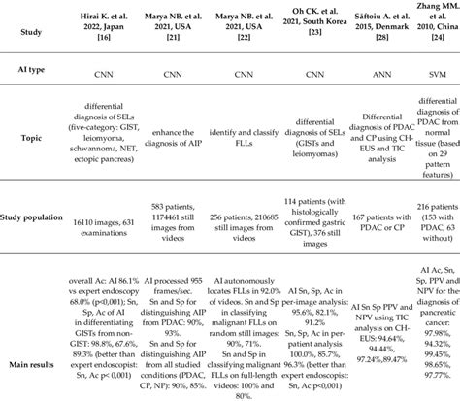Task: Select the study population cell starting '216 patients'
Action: [x=439, y=250]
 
